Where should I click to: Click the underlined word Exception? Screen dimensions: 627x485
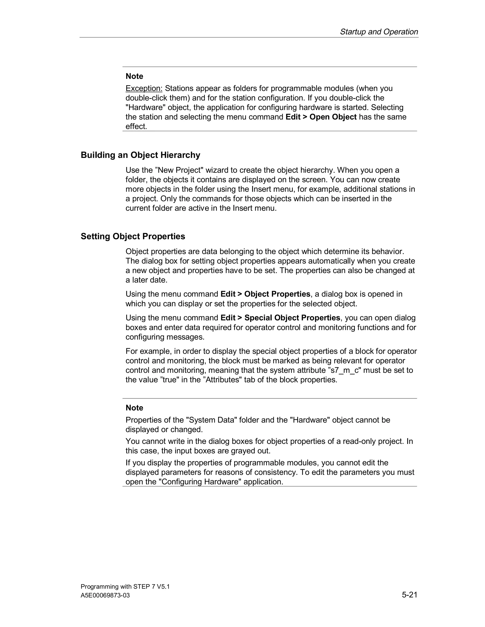click(x=144, y=88)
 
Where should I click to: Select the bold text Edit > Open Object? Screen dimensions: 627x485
click(x=321, y=117)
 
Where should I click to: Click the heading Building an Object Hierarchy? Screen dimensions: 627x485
click(x=140, y=155)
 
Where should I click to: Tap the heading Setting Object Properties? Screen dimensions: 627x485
click(x=133, y=236)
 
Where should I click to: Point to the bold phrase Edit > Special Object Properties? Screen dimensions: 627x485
click(x=280, y=318)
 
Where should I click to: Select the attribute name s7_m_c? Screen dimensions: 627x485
click(x=345, y=370)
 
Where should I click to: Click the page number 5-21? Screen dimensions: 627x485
click(x=409, y=595)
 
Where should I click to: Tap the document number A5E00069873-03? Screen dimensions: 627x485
click(x=105, y=596)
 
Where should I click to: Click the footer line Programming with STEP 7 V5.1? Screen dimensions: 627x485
click(x=125, y=587)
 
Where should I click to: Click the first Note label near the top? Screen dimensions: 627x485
click(x=134, y=76)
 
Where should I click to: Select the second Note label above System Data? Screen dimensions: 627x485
click(x=134, y=408)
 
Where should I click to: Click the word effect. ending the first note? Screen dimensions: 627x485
click(x=136, y=127)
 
